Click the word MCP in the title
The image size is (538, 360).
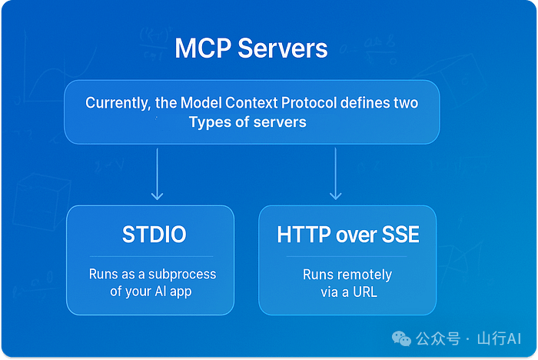(x=201, y=48)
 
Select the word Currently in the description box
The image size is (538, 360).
(x=116, y=103)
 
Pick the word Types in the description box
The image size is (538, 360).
(x=209, y=122)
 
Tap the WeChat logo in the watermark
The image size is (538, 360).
(x=401, y=338)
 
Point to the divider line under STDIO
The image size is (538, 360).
(x=151, y=256)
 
